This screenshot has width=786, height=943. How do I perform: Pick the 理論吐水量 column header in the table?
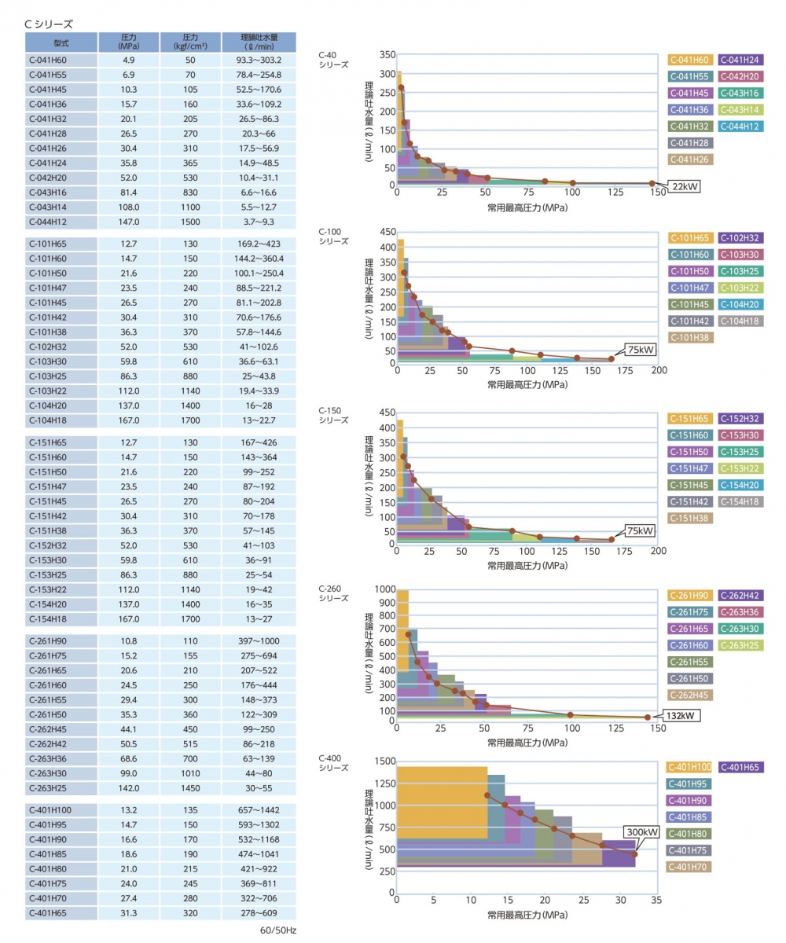pos(259,42)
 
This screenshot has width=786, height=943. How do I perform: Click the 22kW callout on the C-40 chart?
pos(683,186)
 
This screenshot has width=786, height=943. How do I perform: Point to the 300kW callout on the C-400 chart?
pos(641,832)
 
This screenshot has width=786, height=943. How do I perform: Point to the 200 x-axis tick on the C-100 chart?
pos(657,369)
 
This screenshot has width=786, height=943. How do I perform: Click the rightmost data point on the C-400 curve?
pos(635,854)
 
